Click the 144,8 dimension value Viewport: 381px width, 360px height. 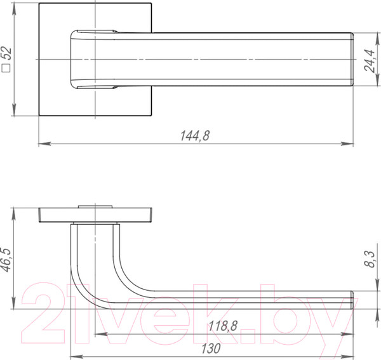point(195,135)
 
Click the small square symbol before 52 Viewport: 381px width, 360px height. point(8,70)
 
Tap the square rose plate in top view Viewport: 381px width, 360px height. point(54,95)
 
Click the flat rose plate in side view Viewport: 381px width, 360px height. point(95,213)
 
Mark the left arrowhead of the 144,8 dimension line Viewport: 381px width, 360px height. point(42,144)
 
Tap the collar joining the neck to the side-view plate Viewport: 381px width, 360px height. point(95,223)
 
